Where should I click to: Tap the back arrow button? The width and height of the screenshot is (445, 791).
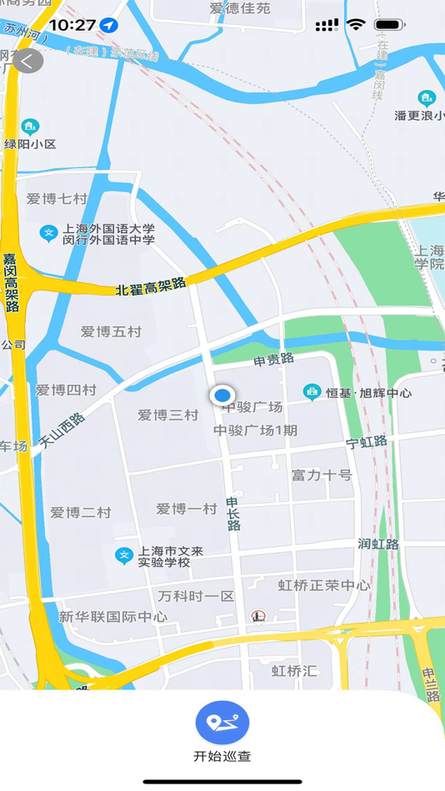click(x=27, y=61)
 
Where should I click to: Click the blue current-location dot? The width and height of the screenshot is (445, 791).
click(x=222, y=395)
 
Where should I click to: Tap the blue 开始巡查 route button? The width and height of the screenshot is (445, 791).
click(x=222, y=723)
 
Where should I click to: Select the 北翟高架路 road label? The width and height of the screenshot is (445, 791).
click(x=151, y=287)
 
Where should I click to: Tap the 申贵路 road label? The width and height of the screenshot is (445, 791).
click(x=274, y=359)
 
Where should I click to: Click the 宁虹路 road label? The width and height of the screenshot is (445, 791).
click(x=367, y=442)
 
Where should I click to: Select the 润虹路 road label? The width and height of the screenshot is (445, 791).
click(x=378, y=544)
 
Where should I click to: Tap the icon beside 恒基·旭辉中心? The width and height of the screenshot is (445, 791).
click(x=312, y=391)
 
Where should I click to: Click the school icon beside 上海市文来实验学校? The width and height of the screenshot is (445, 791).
click(x=124, y=555)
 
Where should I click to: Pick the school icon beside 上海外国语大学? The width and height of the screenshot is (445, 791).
click(x=49, y=233)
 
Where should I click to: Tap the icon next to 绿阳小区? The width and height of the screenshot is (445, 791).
click(x=31, y=127)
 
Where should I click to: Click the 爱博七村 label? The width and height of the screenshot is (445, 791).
click(x=57, y=199)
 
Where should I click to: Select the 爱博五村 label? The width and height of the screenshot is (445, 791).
click(x=111, y=331)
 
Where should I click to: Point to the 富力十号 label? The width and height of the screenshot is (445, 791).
click(x=322, y=475)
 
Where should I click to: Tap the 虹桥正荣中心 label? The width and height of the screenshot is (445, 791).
click(x=324, y=585)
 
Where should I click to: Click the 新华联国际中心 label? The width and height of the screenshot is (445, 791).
click(x=113, y=617)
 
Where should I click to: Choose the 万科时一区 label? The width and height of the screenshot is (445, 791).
click(x=197, y=596)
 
